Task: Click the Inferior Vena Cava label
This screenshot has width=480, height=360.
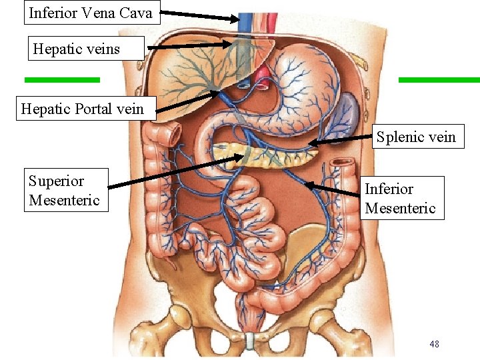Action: [x=91, y=13]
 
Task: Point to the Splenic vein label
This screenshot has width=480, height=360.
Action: [x=416, y=137]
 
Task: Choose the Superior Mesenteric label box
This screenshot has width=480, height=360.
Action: [x=65, y=190]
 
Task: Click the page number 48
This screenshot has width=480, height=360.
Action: [x=434, y=344]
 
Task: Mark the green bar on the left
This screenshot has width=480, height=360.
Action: [x=62, y=79]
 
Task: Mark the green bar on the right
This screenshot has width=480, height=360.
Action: [x=439, y=79]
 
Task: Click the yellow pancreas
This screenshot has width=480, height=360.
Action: [x=267, y=155]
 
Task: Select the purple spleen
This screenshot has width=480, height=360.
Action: [x=344, y=110]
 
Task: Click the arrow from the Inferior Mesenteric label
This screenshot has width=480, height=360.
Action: [x=333, y=188]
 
